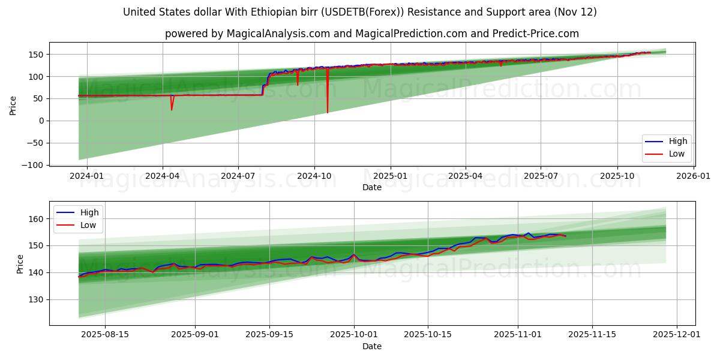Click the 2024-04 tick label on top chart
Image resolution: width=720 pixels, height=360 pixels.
(x=163, y=176)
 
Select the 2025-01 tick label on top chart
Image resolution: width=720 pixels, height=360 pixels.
(x=391, y=176)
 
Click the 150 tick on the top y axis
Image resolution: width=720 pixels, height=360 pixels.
(x=38, y=55)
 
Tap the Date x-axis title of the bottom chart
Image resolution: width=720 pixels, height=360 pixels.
(x=372, y=346)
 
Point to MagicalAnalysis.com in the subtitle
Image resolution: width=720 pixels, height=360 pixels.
(x=278, y=34)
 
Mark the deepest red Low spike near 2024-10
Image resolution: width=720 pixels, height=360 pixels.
(x=328, y=112)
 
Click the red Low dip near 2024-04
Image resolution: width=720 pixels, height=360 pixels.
(x=172, y=110)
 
